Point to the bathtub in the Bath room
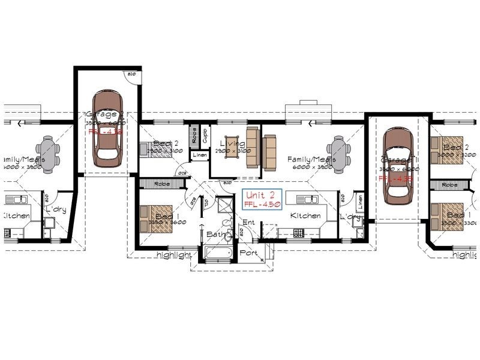[217, 254]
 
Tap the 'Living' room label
[232, 143]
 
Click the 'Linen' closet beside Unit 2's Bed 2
[200, 155]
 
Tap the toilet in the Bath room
[227, 236]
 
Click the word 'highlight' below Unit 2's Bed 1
[173, 255]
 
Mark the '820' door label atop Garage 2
[131, 74]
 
